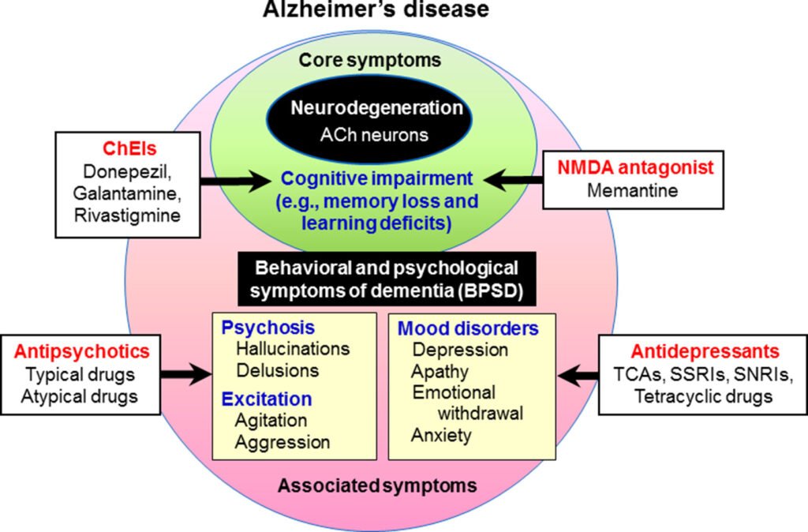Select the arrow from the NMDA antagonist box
tap(514, 179)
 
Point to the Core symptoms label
tap(370, 60)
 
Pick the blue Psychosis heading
tap(256, 328)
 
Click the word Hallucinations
tap(292, 348)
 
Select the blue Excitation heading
tap(266, 398)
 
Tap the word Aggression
tap(282, 441)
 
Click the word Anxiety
tap(441, 434)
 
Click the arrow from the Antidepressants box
tap(578, 374)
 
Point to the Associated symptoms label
tap(376, 485)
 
